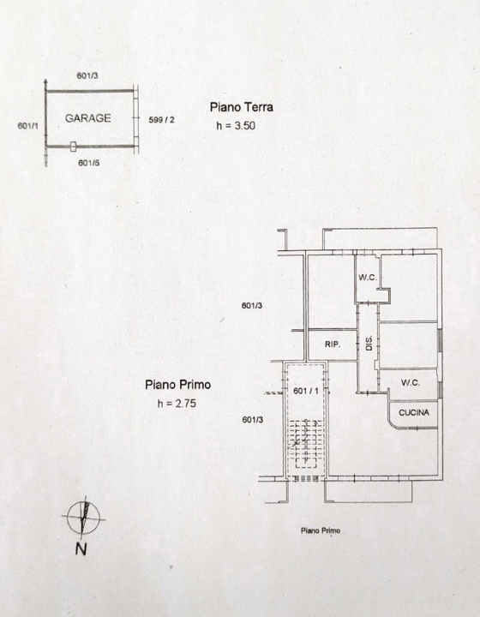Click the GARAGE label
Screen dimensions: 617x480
87,119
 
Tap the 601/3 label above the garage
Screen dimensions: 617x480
87,76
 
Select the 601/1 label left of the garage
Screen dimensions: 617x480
28,126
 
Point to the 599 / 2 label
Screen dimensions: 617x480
161,120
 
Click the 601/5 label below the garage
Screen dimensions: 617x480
89,162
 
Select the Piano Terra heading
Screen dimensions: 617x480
241,107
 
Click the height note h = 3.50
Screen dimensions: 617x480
237,126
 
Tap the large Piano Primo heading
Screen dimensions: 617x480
177,385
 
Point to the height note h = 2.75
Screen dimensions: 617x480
177,404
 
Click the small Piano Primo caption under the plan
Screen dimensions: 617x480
321,531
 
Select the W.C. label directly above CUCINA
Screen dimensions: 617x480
410,383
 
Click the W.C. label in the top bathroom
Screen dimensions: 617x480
368,278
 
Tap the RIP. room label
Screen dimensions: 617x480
333,345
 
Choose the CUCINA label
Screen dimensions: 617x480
417,412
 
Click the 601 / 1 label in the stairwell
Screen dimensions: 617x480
306,391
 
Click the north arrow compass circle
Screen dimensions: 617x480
83,517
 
